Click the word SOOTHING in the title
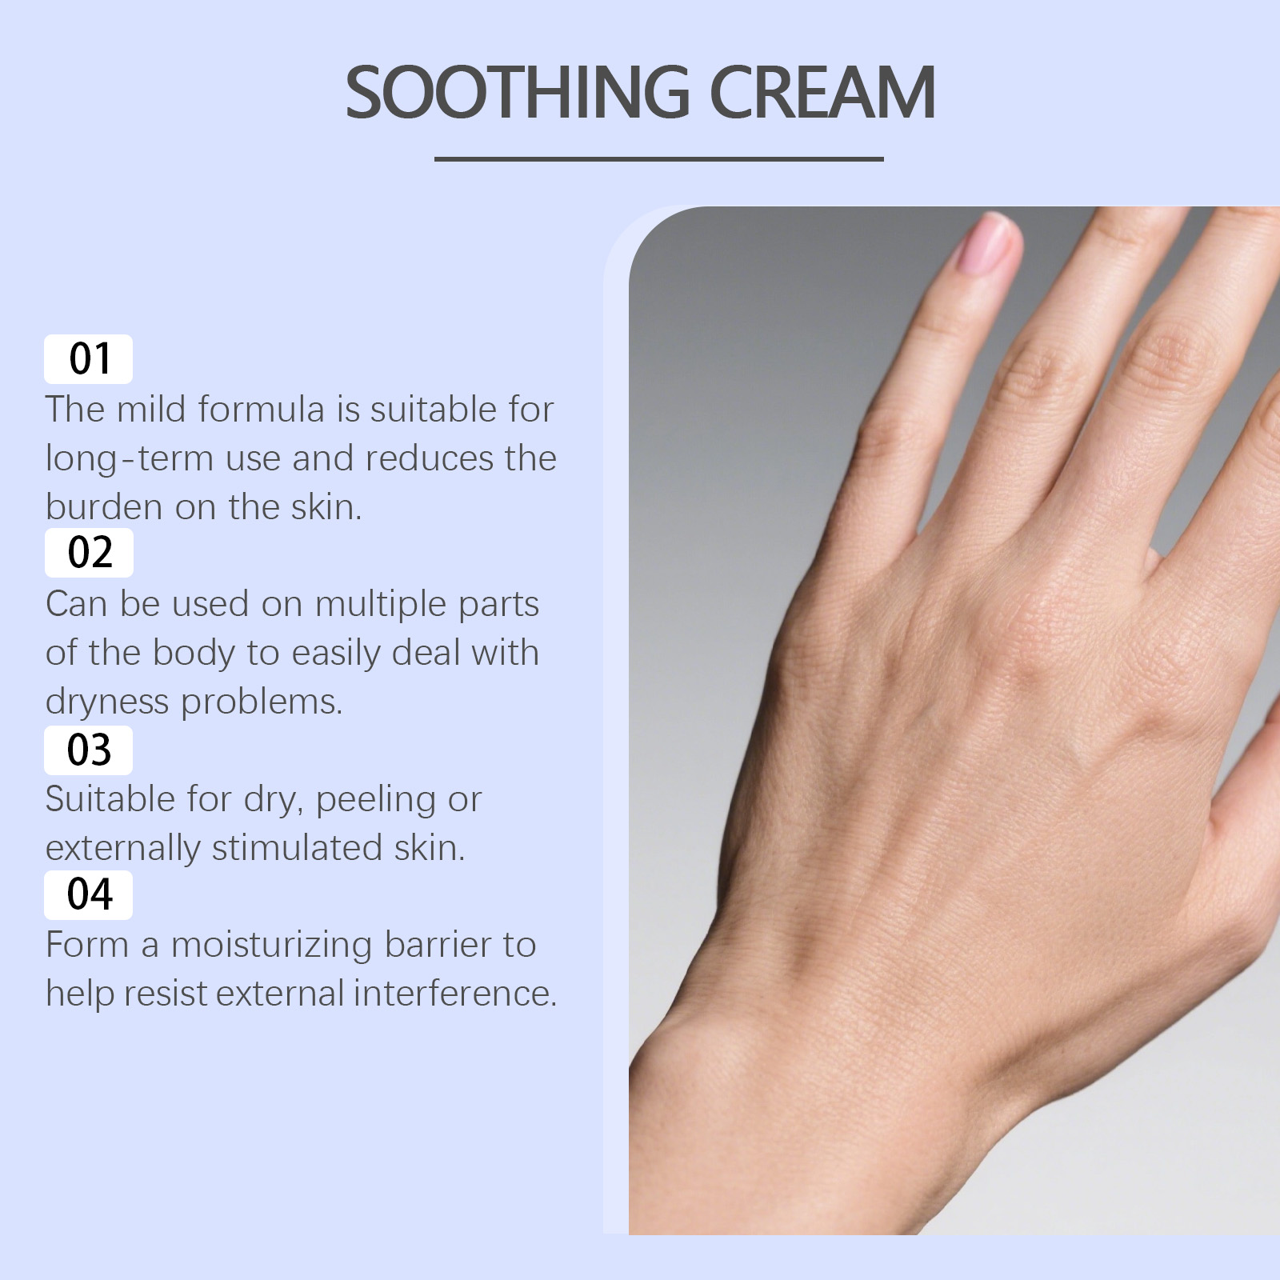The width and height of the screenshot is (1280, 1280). click(x=517, y=93)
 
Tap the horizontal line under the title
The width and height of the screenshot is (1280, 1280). click(x=658, y=158)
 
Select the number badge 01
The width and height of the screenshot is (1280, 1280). click(x=88, y=358)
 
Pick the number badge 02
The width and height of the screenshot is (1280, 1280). click(x=88, y=552)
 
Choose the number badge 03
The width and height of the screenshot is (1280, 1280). click(x=88, y=750)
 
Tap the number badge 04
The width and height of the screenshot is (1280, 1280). click(x=88, y=894)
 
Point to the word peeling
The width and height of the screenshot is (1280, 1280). click(x=376, y=800)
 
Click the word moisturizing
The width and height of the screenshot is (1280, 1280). click(x=271, y=946)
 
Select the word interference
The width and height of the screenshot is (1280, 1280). click(x=455, y=994)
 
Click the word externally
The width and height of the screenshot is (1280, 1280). click(x=122, y=849)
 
